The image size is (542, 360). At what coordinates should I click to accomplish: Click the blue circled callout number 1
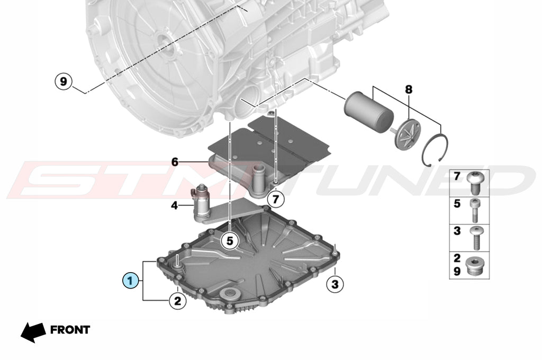pos(130,281)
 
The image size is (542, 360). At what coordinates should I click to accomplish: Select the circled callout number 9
pos(64,82)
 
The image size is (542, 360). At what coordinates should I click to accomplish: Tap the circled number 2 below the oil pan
pos(178,301)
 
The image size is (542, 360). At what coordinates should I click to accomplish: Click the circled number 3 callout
pos(335,284)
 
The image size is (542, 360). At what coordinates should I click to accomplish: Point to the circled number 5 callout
pos(230,240)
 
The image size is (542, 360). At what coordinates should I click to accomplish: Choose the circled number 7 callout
pos(275,199)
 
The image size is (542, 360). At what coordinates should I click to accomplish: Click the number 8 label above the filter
pos(409,90)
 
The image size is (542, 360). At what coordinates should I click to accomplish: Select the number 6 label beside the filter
pos(175,162)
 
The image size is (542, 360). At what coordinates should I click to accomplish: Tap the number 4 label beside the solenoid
pos(175,206)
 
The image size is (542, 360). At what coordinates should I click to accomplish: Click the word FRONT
pos(70,330)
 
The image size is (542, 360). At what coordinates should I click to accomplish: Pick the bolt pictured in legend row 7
pos(476,183)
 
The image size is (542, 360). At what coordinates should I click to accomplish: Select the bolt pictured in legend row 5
pos(474,211)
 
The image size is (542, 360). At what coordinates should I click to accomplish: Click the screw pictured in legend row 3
pos(475,237)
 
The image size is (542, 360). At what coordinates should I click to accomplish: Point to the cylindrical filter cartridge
pos(368,110)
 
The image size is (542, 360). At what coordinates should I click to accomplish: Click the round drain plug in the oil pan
pos(230,295)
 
